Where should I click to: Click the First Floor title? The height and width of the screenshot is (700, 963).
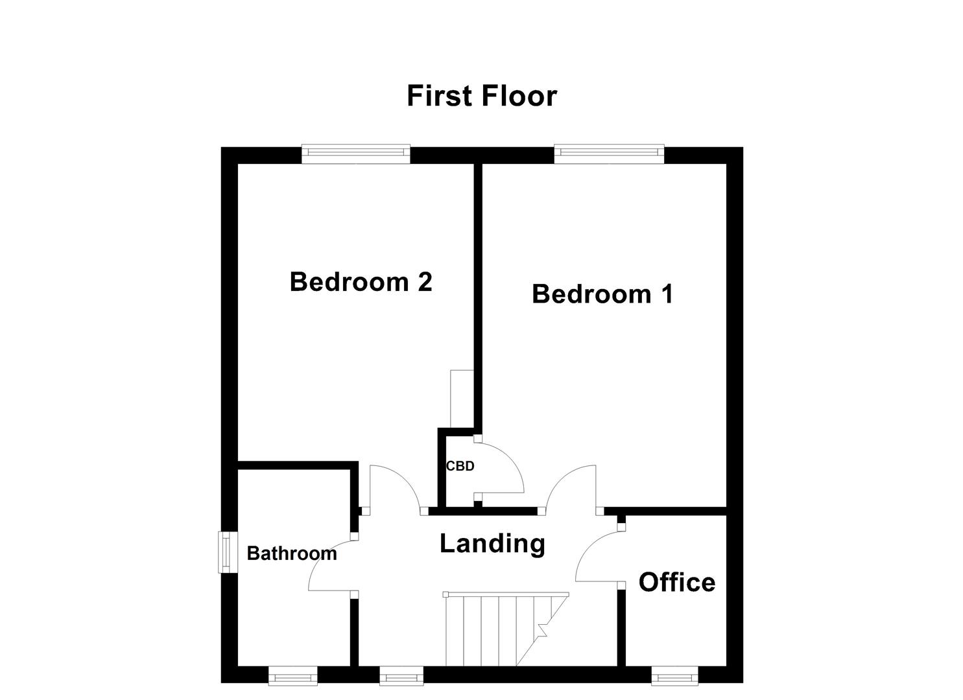(481, 96)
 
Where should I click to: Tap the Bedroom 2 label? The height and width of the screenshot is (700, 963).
(361, 282)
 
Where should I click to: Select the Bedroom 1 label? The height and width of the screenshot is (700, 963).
(602, 294)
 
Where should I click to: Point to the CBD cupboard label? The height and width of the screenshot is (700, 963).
(460, 466)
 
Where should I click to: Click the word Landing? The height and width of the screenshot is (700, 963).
(492, 543)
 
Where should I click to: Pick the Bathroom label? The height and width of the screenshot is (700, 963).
(292, 554)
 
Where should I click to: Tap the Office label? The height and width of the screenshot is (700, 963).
(677, 582)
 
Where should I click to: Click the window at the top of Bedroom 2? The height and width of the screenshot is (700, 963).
(356, 152)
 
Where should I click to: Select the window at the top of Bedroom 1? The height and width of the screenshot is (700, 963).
(609, 152)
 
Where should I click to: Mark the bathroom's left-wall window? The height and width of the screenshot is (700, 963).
(226, 552)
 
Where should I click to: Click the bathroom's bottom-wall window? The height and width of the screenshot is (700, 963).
(293, 677)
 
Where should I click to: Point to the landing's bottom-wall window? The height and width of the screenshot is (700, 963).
(401, 677)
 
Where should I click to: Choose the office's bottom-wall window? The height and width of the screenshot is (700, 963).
(675, 677)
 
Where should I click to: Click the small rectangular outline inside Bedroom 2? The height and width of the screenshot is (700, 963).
(462, 399)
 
